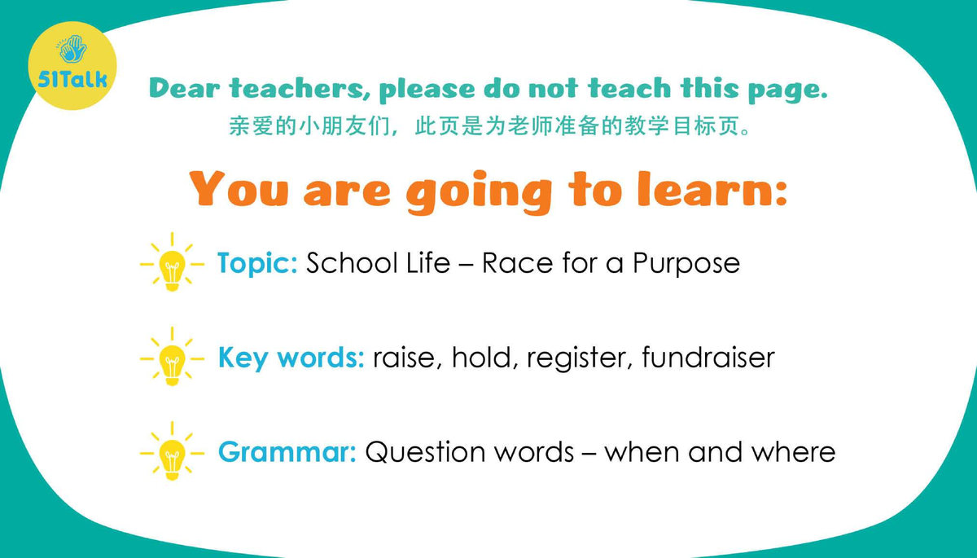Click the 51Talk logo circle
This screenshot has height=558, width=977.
72,66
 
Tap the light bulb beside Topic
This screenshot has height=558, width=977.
172,265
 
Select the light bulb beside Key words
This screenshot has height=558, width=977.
172,359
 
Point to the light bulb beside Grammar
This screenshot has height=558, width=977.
172,453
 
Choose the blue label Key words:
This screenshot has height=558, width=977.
291,358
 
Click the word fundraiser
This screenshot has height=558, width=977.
708,358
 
